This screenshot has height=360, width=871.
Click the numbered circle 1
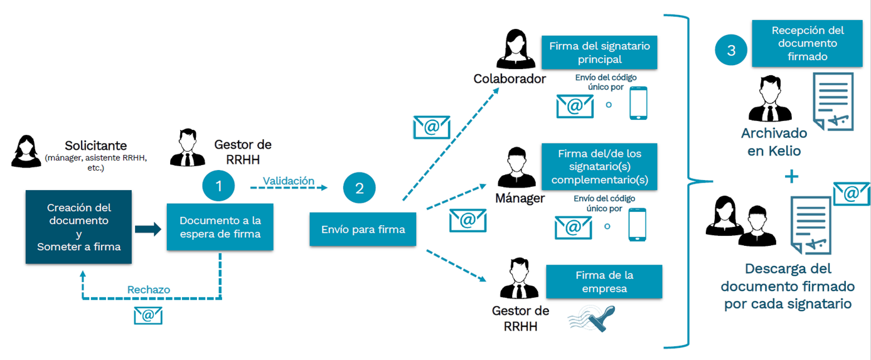pos(218,186)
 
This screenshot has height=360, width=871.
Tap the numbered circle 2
pos(360,188)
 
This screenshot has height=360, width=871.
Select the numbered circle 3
pos(731,51)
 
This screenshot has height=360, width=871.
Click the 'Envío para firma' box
pos(363,229)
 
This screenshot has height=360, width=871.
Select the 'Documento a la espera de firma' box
pos(220,227)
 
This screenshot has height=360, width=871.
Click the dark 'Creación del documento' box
pos(78,227)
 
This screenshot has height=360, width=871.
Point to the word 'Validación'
pos(288,181)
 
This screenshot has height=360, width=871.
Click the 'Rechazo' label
pos(149,290)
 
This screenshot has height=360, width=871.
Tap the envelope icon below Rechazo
pos(148,315)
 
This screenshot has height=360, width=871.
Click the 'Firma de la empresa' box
pos(604,282)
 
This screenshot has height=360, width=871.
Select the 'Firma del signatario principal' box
pos(599,53)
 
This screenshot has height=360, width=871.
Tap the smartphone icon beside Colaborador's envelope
pos(638,103)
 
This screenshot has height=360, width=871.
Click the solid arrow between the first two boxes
pos(147,229)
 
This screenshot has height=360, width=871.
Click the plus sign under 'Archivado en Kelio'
pos(792,177)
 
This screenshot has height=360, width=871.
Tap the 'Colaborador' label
pos(510,80)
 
